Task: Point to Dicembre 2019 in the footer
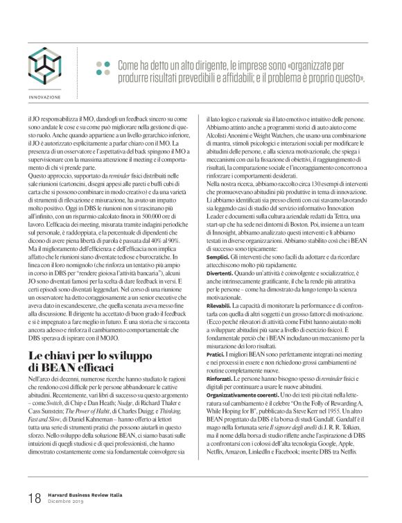[x=66, y=502]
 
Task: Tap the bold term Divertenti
[x=211, y=293]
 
